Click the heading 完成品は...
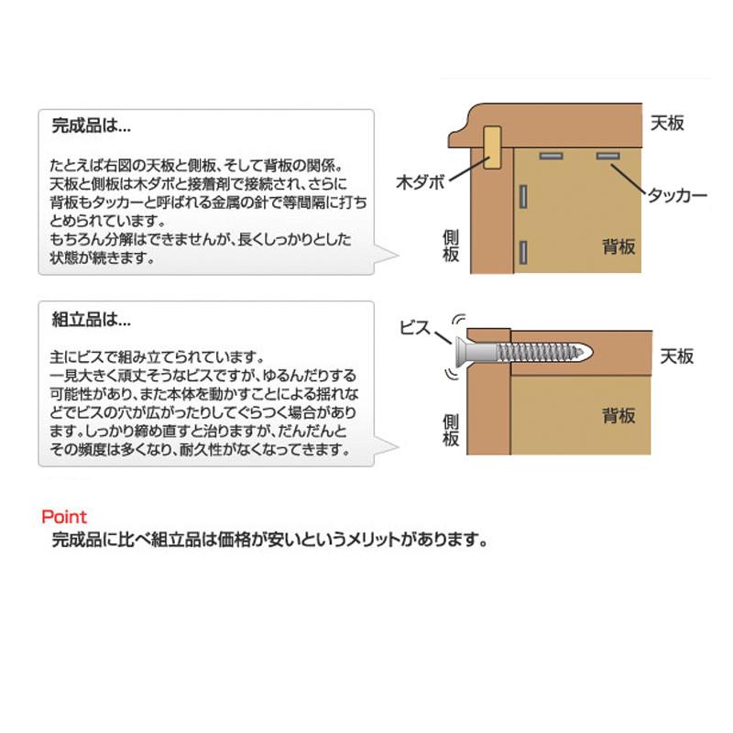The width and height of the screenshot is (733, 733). (91, 126)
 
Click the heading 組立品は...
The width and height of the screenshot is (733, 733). (91, 319)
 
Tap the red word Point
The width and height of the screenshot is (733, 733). (64, 517)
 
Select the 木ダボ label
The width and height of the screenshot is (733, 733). (420, 181)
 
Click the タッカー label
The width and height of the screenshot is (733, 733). (677, 195)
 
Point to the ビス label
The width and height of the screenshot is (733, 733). (415, 327)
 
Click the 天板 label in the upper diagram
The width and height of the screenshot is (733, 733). (667, 124)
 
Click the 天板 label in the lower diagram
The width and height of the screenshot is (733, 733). (676, 356)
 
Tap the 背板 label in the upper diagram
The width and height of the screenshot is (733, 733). (618, 246)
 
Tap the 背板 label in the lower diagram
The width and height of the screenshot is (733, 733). (618, 415)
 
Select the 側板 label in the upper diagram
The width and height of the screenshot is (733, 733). (451, 246)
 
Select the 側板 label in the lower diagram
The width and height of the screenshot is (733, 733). (451, 431)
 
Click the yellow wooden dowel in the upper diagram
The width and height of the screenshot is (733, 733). (492, 148)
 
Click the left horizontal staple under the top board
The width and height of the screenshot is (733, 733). (552, 156)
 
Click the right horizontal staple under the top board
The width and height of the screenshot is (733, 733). (607, 156)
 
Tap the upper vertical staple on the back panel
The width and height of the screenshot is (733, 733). (523, 197)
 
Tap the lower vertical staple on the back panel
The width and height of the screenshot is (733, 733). (523, 253)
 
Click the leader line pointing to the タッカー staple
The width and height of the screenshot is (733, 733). (629, 179)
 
